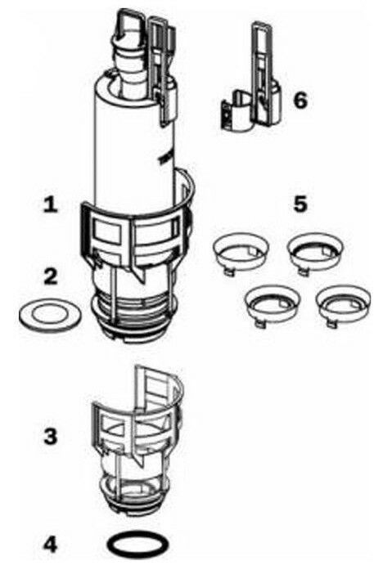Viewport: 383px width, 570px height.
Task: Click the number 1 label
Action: [51, 204]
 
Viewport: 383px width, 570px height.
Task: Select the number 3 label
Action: [51, 436]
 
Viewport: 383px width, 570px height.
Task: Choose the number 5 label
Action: [300, 204]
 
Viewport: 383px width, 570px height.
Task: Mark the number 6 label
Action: [300, 101]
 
